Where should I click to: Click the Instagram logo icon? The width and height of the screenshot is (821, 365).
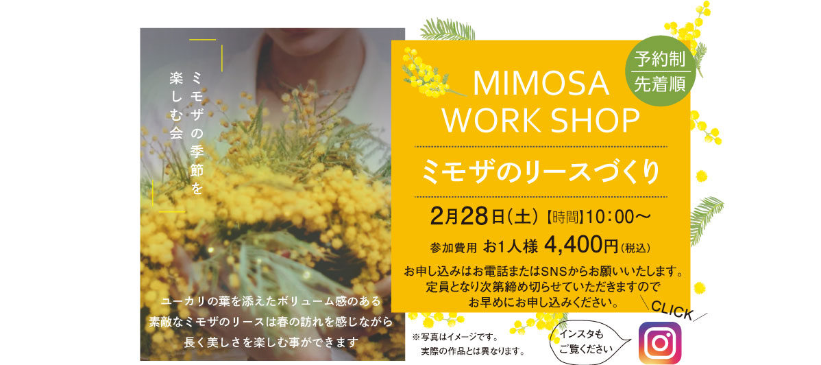[x=660, y=342]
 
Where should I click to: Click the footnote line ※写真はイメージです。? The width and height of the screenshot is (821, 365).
[x=454, y=338]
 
